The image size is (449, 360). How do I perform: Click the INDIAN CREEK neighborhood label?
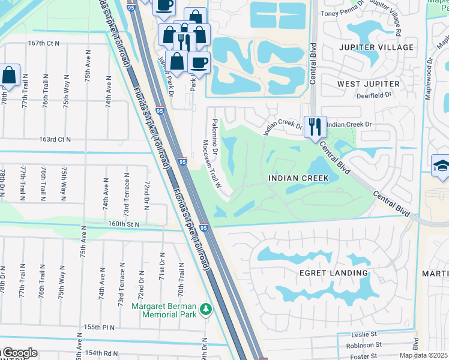pos(298,178)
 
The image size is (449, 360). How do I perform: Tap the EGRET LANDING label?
pos(334,273)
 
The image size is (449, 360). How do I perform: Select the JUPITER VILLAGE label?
pos(376,47)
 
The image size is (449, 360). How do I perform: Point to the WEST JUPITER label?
pos(368,83)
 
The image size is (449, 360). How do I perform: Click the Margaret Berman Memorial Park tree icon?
pos(206,309)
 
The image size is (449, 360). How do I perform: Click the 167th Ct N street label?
pos(44,43)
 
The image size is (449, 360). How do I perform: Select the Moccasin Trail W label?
pos(211,164)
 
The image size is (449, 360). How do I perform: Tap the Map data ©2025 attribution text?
pos(424,355)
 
